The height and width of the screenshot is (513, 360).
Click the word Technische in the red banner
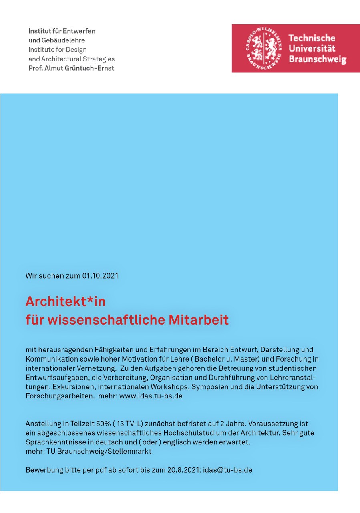click(x=312, y=38)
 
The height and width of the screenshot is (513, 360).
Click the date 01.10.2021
click(x=101, y=276)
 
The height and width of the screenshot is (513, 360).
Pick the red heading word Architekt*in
click(x=65, y=301)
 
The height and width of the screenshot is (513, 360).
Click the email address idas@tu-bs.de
click(x=228, y=470)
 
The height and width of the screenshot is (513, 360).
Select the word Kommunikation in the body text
click(x=49, y=359)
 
